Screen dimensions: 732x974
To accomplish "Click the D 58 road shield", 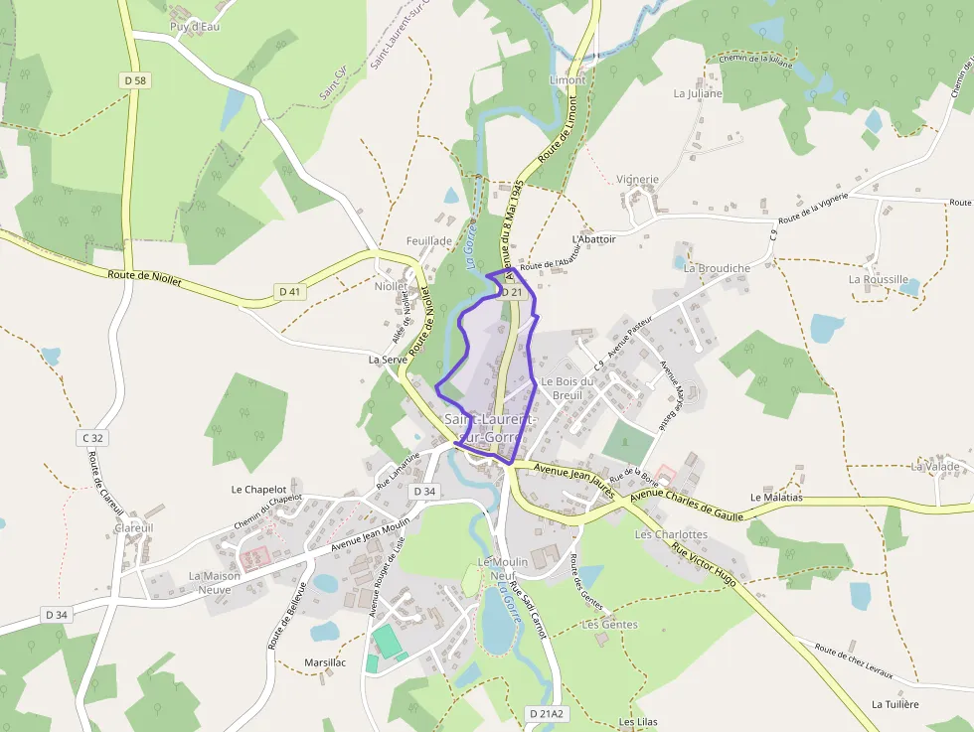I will tap(136, 80).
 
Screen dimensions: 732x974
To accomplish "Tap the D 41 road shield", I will tap(289, 291).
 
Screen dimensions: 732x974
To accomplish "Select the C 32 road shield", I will tap(93, 437).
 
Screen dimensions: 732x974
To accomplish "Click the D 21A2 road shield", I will tap(546, 713).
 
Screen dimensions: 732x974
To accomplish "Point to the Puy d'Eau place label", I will tap(195, 27).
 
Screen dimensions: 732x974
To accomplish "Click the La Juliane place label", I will tap(698, 93).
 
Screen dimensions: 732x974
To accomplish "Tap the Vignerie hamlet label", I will tap(637, 180).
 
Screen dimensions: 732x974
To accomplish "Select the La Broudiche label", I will tap(717, 268).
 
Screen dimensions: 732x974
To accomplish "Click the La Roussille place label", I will tap(878, 279).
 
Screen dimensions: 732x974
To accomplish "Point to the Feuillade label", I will tap(429, 240).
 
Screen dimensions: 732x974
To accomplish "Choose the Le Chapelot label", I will tap(258, 489).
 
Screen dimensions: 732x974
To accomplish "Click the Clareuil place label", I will tap(134, 528).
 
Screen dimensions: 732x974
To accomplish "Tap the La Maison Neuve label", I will tap(215, 582).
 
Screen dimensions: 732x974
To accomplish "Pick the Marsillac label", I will tap(325, 662).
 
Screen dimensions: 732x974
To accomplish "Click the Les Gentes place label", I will tap(610, 625).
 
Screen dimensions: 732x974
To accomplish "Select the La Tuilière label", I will tap(894, 704).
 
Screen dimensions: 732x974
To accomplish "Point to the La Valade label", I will tap(935, 466).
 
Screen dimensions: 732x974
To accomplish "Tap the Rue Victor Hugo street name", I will tap(704, 563).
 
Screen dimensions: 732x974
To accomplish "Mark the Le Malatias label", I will tap(776, 497).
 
